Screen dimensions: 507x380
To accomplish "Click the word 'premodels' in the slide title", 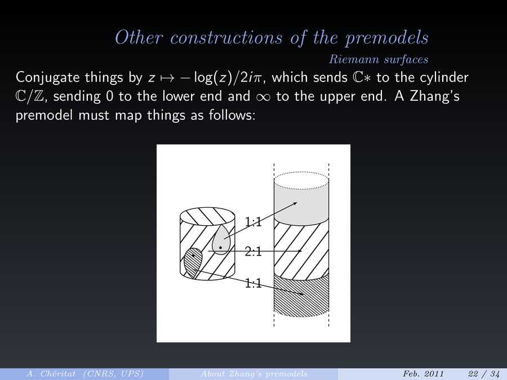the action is (386, 38).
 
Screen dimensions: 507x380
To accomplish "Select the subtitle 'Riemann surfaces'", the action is (379, 60).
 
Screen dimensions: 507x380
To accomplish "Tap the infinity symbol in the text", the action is (264, 97).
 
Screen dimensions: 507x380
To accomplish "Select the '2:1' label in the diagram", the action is (253, 252).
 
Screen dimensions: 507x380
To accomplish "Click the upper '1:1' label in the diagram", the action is (253, 222).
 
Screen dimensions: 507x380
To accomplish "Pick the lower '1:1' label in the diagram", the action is (253, 283).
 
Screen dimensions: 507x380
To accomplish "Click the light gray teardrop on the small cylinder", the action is (220, 241).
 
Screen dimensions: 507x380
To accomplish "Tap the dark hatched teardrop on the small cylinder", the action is (193, 262).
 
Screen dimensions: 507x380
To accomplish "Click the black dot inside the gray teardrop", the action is (220, 248).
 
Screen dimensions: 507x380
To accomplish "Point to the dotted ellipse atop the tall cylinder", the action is (301, 172).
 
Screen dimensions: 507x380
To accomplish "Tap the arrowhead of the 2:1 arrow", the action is (300, 251).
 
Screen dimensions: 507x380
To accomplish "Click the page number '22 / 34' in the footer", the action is (484, 374).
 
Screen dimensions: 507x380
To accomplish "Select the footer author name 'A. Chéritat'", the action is (51, 374).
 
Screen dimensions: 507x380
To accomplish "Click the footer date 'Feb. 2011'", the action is (423, 374).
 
